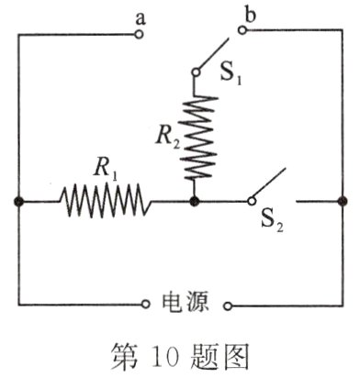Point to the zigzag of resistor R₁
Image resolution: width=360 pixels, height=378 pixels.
[x=103, y=198]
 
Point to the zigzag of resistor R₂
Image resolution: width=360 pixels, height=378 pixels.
[x=195, y=136]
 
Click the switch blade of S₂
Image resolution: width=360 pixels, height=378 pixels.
[x=268, y=183]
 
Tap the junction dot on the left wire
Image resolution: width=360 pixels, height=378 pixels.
[x=18, y=199]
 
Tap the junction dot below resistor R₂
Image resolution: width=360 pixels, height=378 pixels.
[x=195, y=199]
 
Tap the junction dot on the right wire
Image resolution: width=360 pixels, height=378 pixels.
[x=342, y=199]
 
